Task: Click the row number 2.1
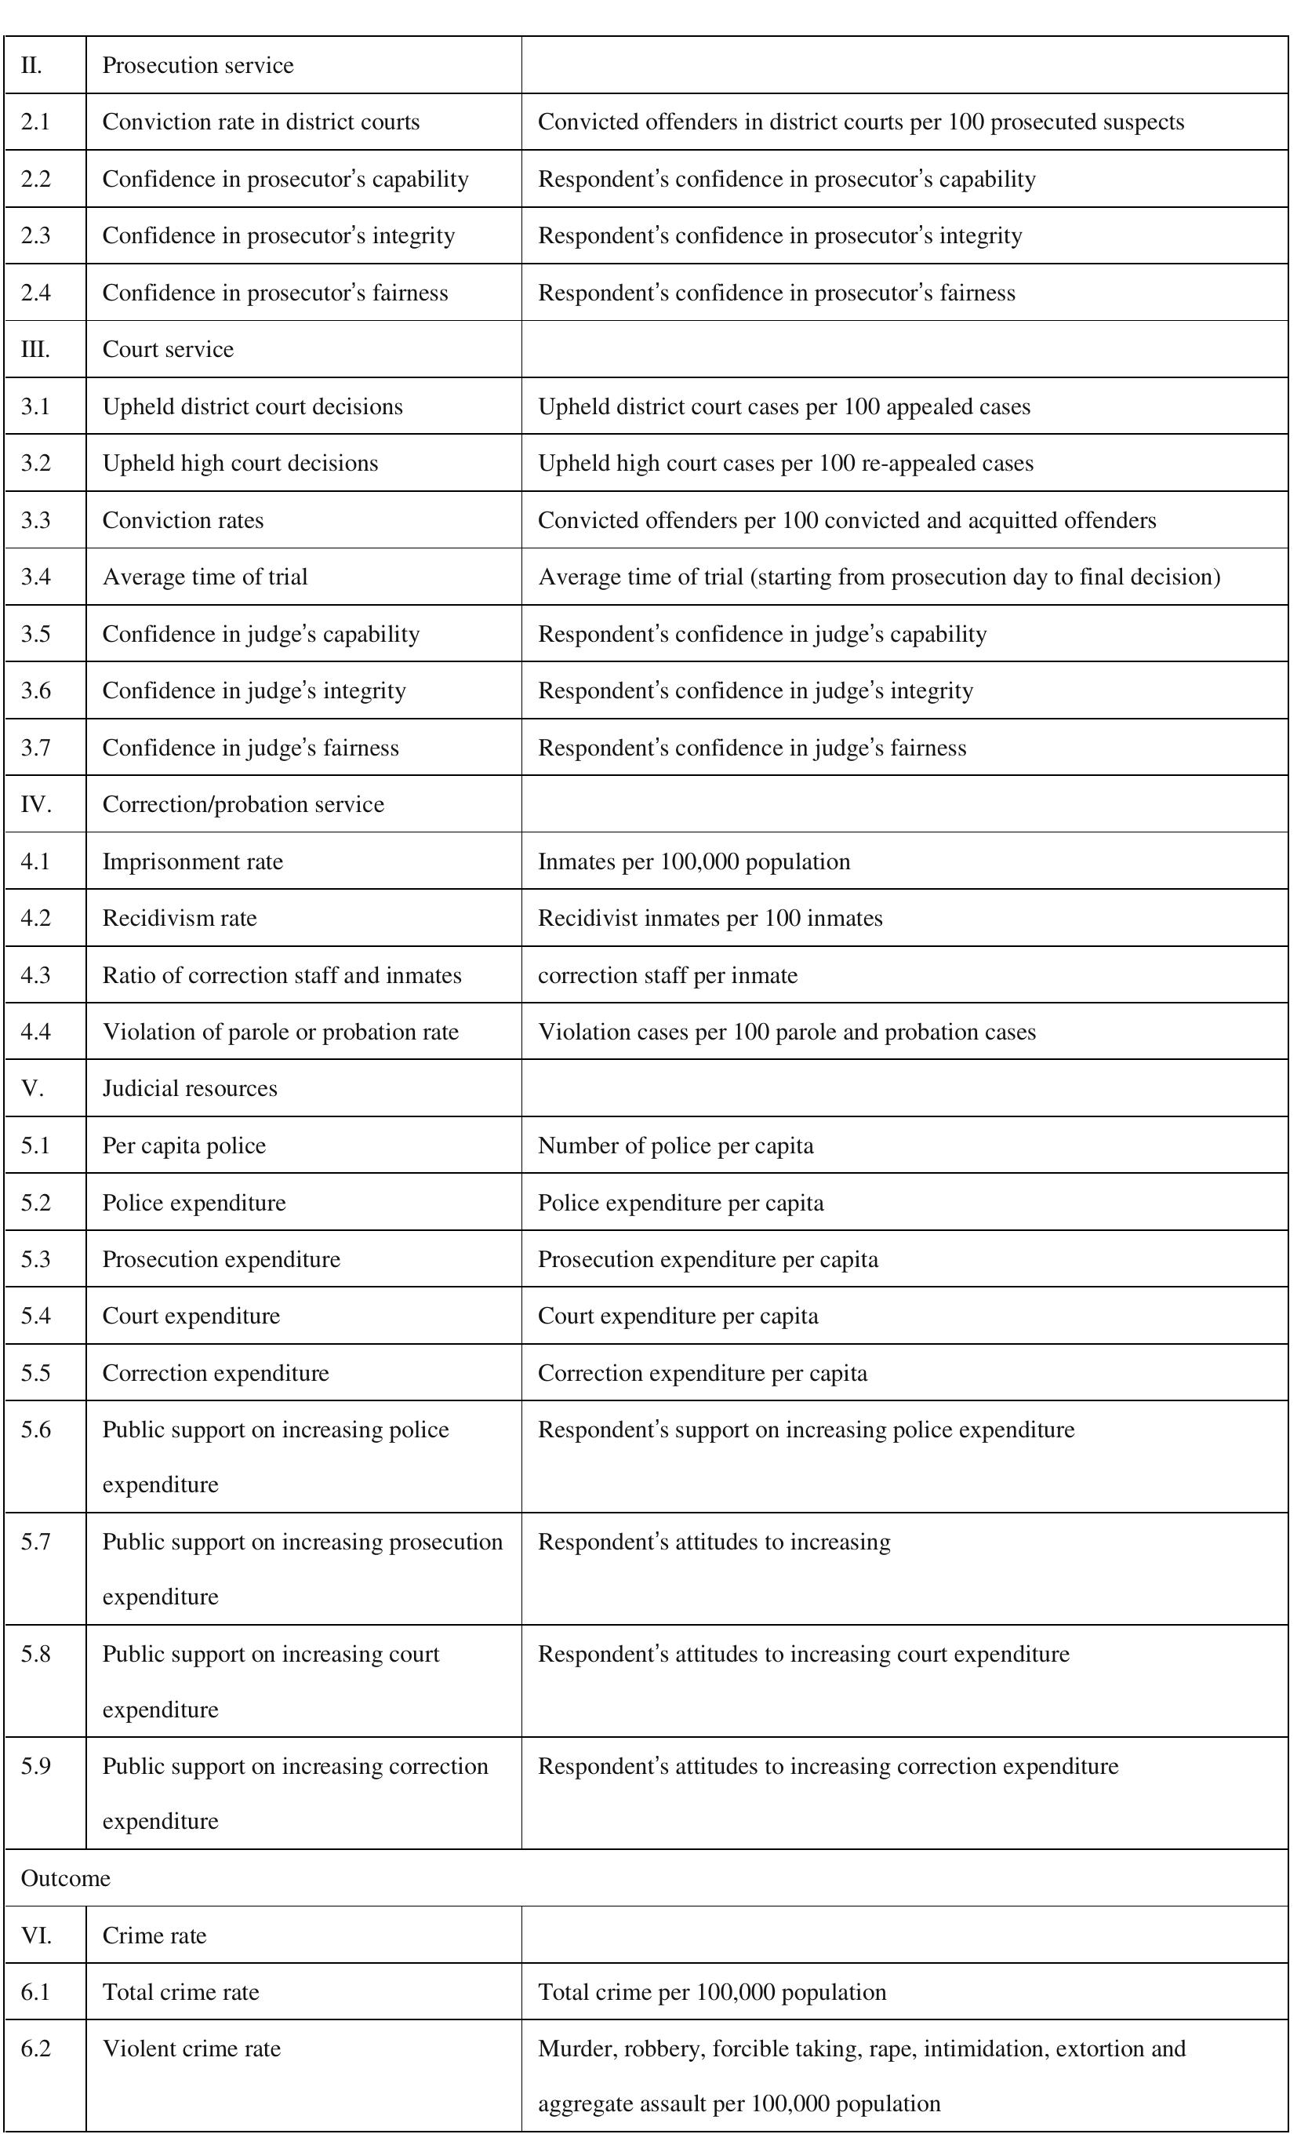coord(36,122)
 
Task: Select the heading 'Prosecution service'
coord(198,65)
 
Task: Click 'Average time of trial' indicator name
coord(205,577)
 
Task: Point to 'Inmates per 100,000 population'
coord(693,861)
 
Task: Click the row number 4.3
coord(36,975)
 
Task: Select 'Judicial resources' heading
coord(190,1088)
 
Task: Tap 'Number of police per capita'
coord(675,1145)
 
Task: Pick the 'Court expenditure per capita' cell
coord(678,1316)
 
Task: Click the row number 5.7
coord(36,1542)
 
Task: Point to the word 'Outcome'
coord(65,1877)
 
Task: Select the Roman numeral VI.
coord(36,1936)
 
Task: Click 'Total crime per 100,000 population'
coord(712,1992)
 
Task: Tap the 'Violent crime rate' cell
coord(191,2048)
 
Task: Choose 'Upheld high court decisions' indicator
coord(240,462)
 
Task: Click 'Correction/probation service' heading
coord(243,803)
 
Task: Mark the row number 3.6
coord(36,690)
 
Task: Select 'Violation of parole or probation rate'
coord(280,1032)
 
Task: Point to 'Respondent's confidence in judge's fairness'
coord(752,748)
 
